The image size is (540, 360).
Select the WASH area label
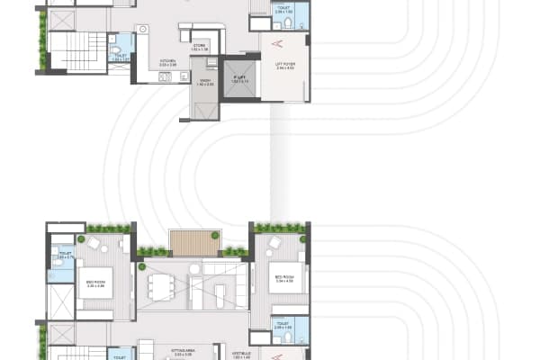pos(206,84)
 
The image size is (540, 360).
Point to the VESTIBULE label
pos(239,355)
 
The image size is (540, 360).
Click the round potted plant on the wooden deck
pos(215,235)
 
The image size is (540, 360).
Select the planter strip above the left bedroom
pos(108,229)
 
